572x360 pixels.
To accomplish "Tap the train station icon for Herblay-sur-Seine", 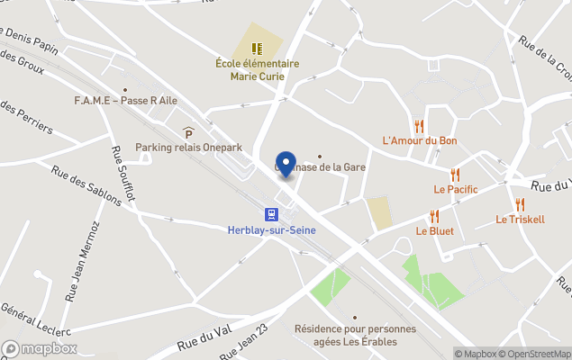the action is pyautogui.click(x=270, y=213).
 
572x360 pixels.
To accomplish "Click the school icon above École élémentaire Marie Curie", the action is pyautogui.click(x=257, y=48).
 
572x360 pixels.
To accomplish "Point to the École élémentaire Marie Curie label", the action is pyautogui.click(x=257, y=70).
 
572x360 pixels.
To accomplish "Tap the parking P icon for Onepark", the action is pyautogui.click(x=188, y=132).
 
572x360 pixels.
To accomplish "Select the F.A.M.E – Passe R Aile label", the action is pyautogui.click(x=125, y=101).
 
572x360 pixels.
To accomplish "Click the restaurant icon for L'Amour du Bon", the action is pyautogui.click(x=419, y=126).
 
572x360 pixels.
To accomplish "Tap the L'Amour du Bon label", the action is pyautogui.click(x=420, y=141).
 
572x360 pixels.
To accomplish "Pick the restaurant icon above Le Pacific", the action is pyautogui.click(x=455, y=175).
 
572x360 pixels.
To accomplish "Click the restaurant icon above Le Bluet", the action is pyautogui.click(x=434, y=216).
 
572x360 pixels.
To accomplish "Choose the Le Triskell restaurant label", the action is pyautogui.click(x=520, y=220).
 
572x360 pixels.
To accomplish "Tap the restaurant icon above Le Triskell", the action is pyautogui.click(x=520, y=204).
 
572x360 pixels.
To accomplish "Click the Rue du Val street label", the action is pyautogui.click(x=199, y=340).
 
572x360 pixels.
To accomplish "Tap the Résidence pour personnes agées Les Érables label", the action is pyautogui.click(x=355, y=335).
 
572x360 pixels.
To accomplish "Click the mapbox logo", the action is pyautogui.click(x=40, y=348).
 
